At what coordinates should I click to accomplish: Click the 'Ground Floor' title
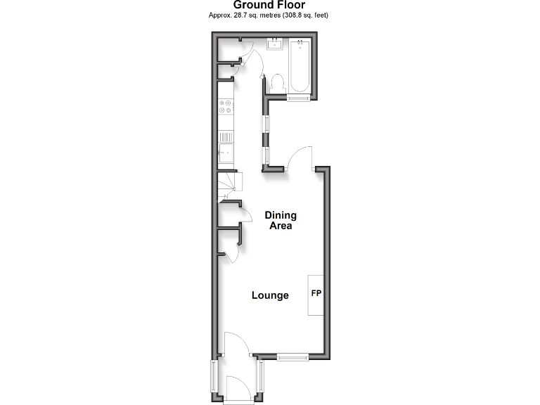click(x=269, y=5)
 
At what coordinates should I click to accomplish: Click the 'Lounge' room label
click(x=270, y=295)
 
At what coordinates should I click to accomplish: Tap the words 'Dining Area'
click(x=281, y=221)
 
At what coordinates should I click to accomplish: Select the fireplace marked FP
click(x=316, y=294)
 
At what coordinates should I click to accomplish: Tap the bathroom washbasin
click(x=274, y=46)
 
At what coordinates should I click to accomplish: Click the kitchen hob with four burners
click(x=226, y=107)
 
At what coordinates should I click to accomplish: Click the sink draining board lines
click(x=226, y=137)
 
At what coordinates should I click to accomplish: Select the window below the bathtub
click(x=297, y=98)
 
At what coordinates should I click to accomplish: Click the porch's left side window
click(x=214, y=380)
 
